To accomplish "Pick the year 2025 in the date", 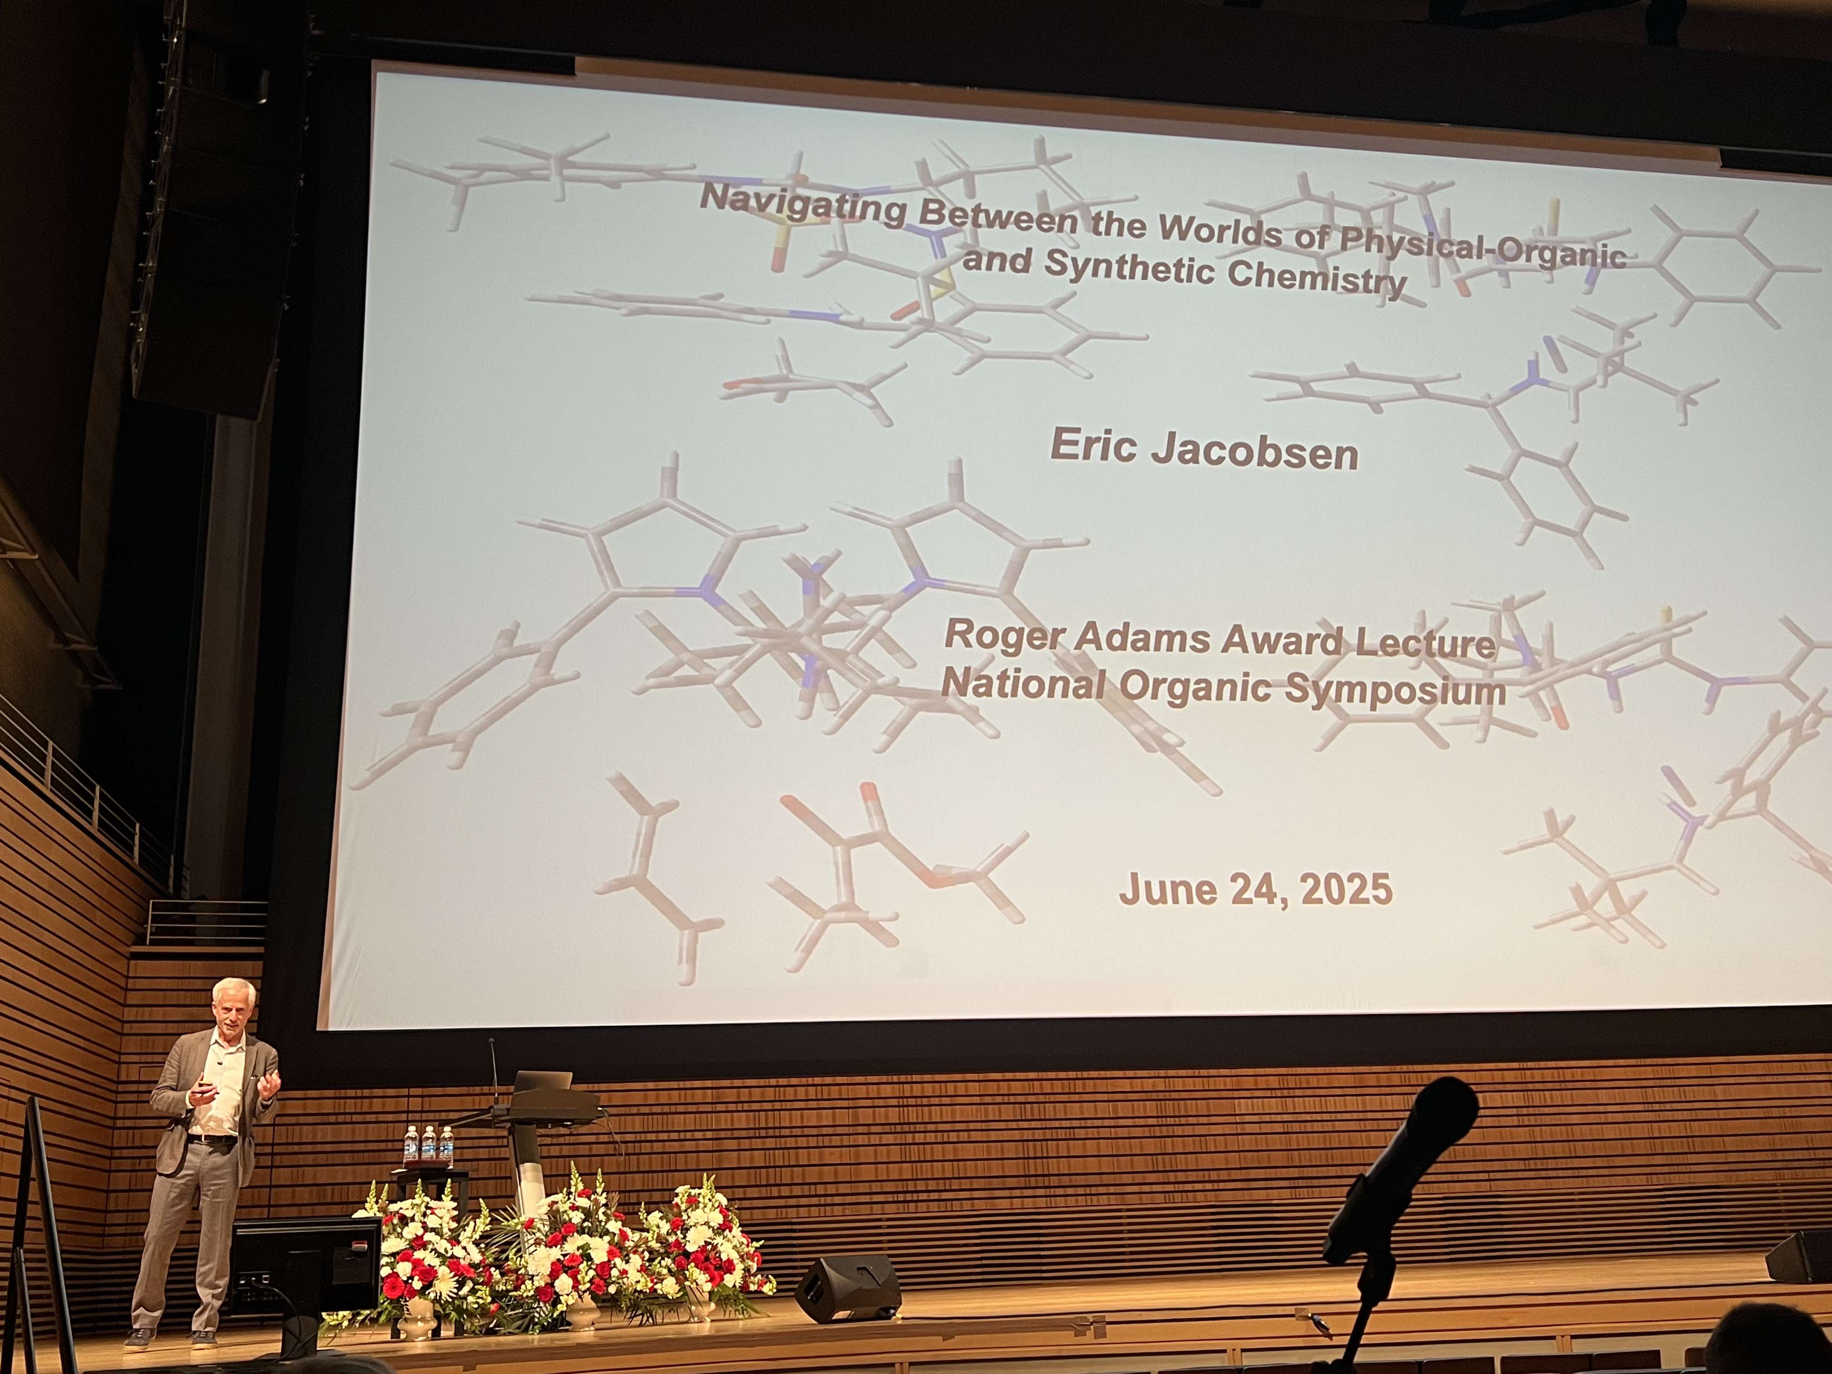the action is tap(1346, 890).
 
